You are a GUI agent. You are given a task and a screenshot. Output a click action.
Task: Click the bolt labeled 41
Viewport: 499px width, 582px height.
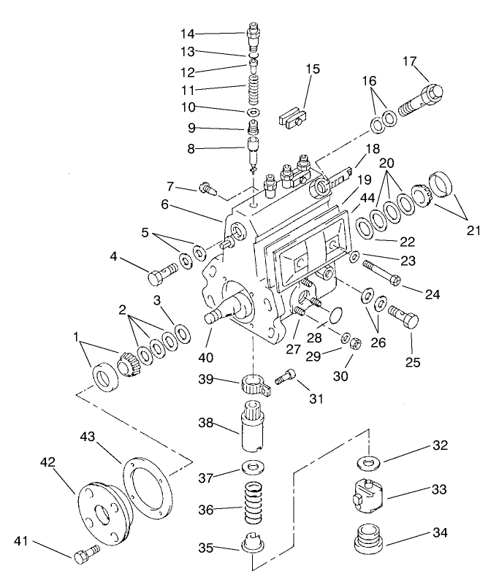click(83, 556)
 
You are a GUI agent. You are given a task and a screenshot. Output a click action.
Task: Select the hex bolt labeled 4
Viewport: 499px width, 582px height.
click(161, 275)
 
